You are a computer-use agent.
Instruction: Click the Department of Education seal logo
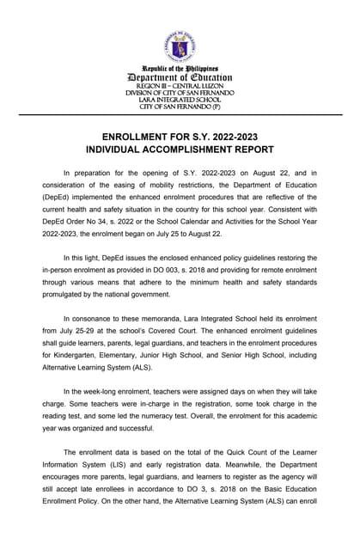tap(180, 46)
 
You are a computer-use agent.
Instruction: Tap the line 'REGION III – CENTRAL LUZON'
tap(180, 87)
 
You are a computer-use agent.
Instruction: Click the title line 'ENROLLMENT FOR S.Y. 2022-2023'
tap(180, 137)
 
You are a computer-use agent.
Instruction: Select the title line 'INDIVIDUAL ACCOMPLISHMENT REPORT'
tap(180, 151)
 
